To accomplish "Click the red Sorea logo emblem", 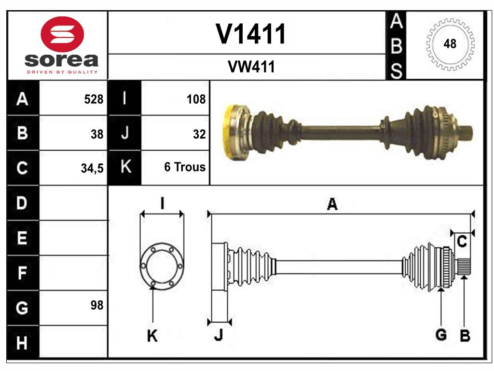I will pyautogui.click(x=63, y=34).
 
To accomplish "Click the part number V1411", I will pyautogui.click(x=251, y=34).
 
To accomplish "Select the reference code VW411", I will pyautogui.click(x=251, y=67).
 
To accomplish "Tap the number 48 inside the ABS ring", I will pyautogui.click(x=450, y=44).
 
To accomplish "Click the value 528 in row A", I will pyautogui.click(x=94, y=100).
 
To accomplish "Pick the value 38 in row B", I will pyautogui.click(x=97, y=134).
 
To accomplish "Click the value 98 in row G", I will pyautogui.click(x=97, y=305).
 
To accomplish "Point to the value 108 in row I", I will pyautogui.click(x=196, y=100).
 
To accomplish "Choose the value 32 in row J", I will pyautogui.click(x=199, y=134).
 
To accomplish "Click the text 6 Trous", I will pyautogui.click(x=185, y=167).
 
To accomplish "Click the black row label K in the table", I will pyautogui.click(x=125, y=168).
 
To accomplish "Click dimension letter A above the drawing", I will pyautogui.click(x=332, y=204).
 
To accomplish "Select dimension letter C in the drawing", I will pyautogui.click(x=462, y=242).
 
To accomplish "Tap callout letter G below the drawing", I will pyautogui.click(x=440, y=334).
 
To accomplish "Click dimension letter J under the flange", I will pyautogui.click(x=219, y=335).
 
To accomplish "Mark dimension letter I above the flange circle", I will pyautogui.click(x=162, y=203).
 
